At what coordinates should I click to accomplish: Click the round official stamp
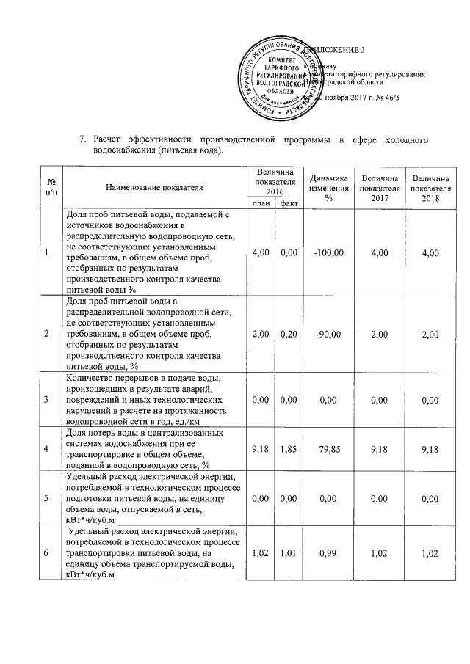click(278, 76)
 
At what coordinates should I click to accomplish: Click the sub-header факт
click(288, 203)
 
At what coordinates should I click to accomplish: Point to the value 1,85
click(288, 447)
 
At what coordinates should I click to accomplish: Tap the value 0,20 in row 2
click(288, 334)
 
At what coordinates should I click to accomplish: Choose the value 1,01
click(288, 552)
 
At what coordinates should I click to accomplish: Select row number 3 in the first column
click(46, 398)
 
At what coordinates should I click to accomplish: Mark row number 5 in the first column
click(46, 496)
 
